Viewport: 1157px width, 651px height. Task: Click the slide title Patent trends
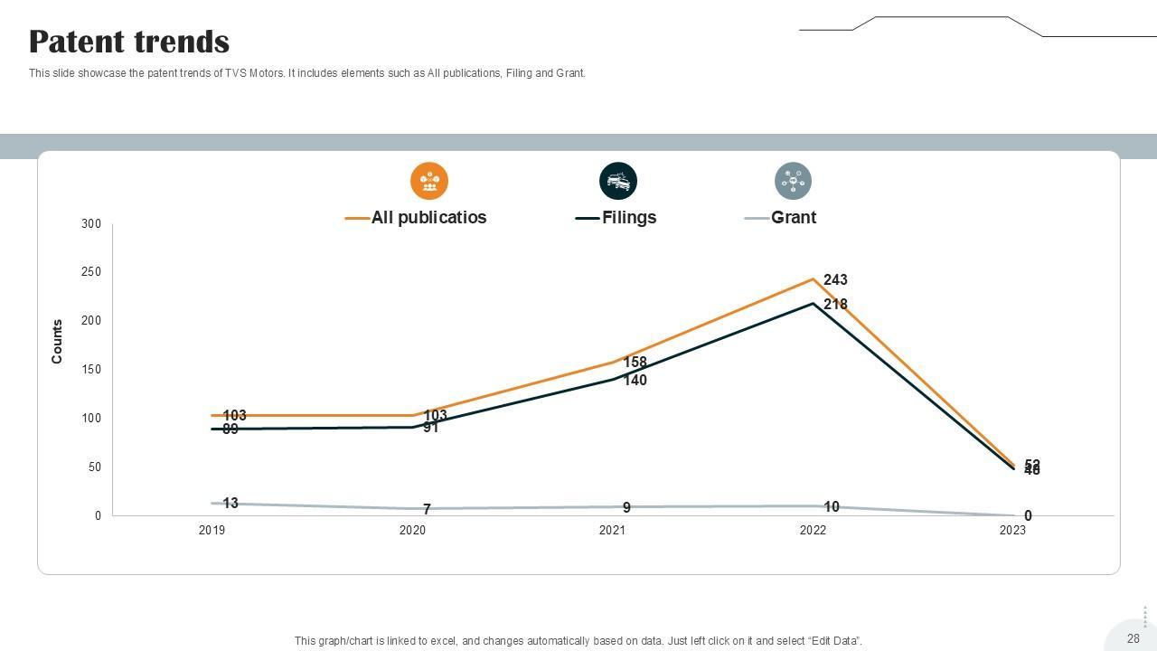[x=129, y=42]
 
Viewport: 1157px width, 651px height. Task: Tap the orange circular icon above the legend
[x=429, y=181]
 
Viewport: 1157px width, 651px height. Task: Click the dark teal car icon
[x=618, y=181]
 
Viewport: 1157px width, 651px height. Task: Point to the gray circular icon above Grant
[x=793, y=181]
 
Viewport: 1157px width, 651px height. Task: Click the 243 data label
[x=835, y=280]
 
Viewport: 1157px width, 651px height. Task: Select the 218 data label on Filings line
[x=835, y=305]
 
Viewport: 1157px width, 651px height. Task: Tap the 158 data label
[x=635, y=363]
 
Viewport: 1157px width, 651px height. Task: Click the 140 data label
[x=635, y=381]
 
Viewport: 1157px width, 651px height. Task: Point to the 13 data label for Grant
[x=230, y=504]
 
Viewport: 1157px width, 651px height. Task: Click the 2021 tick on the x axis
[x=612, y=531]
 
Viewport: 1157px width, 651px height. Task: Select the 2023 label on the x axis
[x=1012, y=531]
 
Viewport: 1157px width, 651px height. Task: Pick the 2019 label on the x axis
[x=212, y=531]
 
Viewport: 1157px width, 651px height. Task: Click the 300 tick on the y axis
[x=91, y=224]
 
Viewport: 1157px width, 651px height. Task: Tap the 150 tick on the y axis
[x=91, y=370]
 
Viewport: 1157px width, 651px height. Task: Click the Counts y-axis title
[x=58, y=342]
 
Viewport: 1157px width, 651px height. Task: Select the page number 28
[x=1133, y=638]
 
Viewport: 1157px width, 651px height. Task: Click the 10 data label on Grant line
[x=832, y=507]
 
